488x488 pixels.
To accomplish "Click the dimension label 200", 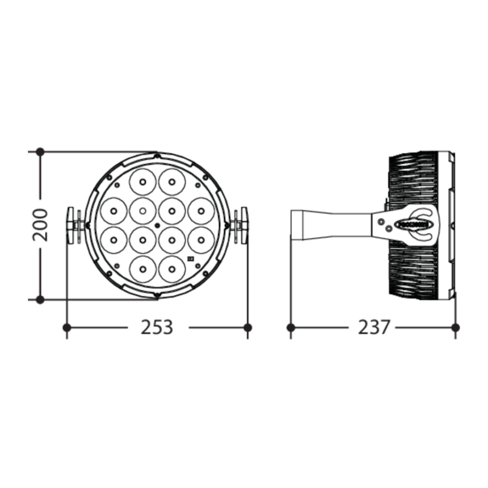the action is point(40,225).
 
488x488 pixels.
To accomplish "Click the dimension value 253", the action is point(157,327).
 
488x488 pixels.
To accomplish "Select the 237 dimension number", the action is point(374,327).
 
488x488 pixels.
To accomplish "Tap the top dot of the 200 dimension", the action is point(40,152).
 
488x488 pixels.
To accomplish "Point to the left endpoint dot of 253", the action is point(67,328).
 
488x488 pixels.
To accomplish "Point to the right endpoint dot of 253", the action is point(248,328).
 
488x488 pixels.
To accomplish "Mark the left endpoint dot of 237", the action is point(291,328).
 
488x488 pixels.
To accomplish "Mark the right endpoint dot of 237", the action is point(455,328).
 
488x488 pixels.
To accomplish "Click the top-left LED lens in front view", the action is point(143,182).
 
